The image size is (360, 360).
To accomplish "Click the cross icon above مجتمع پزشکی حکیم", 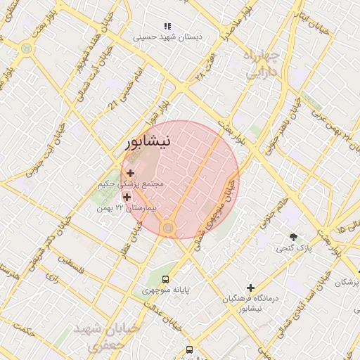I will click(x=131, y=172).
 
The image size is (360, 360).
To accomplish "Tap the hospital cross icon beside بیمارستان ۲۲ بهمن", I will click(x=127, y=198).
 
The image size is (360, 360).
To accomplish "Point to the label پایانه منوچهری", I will click(x=167, y=290).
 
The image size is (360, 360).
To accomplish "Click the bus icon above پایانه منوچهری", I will click(x=166, y=278).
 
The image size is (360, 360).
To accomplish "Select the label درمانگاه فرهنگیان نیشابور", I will click(x=251, y=303).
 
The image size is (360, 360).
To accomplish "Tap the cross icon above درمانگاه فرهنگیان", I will click(x=250, y=287).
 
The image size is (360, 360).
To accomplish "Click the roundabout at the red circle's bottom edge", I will click(x=167, y=227).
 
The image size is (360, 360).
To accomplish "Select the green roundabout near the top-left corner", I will click(x=27, y=49).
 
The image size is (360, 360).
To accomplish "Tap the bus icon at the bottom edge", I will click(x=189, y=349).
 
